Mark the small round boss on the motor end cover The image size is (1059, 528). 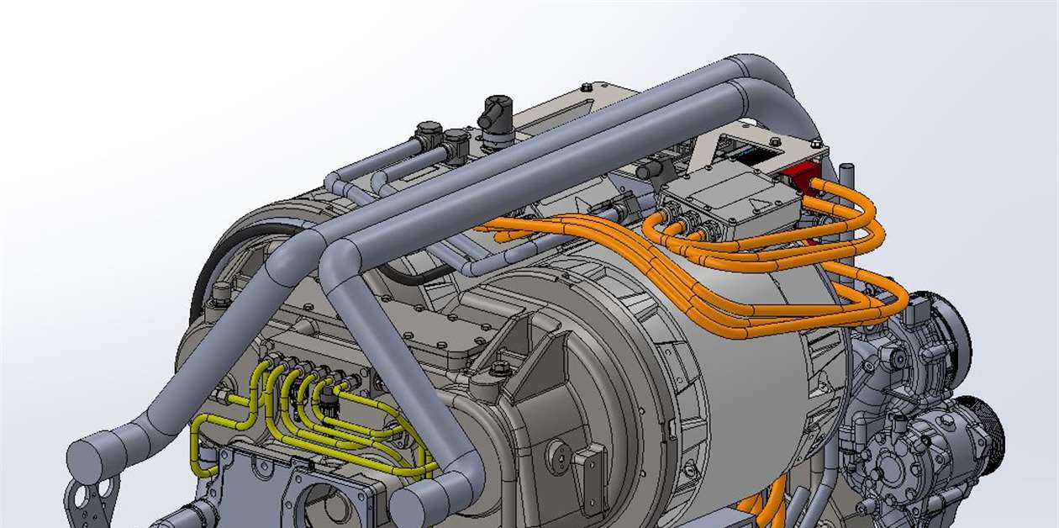pyautogui.click(x=558, y=455)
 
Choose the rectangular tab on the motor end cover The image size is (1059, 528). pyautogui.click(x=592, y=470)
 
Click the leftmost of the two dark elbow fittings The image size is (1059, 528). pyautogui.click(x=428, y=135)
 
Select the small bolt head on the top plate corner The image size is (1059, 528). pyautogui.click(x=586, y=87)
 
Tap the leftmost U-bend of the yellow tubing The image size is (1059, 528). pyautogui.click(x=200, y=437)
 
